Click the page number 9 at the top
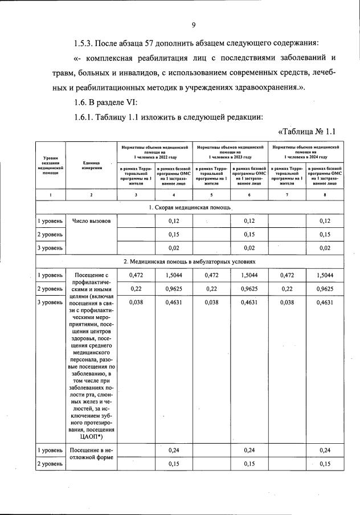tap(194, 24)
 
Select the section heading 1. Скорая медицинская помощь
tap(193, 207)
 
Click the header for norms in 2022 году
tap(154, 152)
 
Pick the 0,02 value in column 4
tap(174, 248)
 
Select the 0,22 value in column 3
tap(136, 289)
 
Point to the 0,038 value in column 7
tap(287, 303)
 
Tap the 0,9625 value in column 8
tap(325, 289)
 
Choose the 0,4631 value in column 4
tap(174, 303)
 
